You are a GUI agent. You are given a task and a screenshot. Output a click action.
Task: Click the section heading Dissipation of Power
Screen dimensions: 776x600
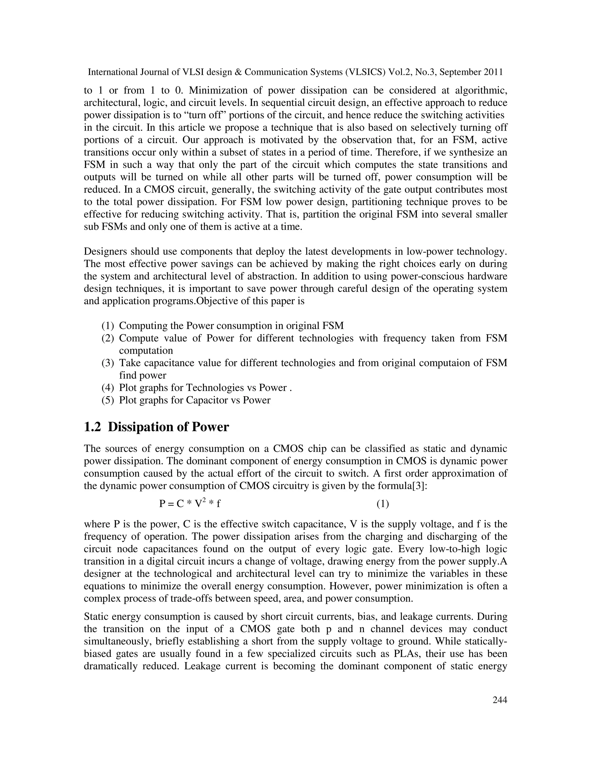168,427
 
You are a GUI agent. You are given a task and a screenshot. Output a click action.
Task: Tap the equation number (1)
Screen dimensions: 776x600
382,504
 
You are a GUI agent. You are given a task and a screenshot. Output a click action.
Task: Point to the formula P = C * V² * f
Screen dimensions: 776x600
190,504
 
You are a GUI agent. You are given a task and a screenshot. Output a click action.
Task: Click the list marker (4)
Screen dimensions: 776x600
108,388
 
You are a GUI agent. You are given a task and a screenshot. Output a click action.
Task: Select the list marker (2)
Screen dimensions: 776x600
108,338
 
